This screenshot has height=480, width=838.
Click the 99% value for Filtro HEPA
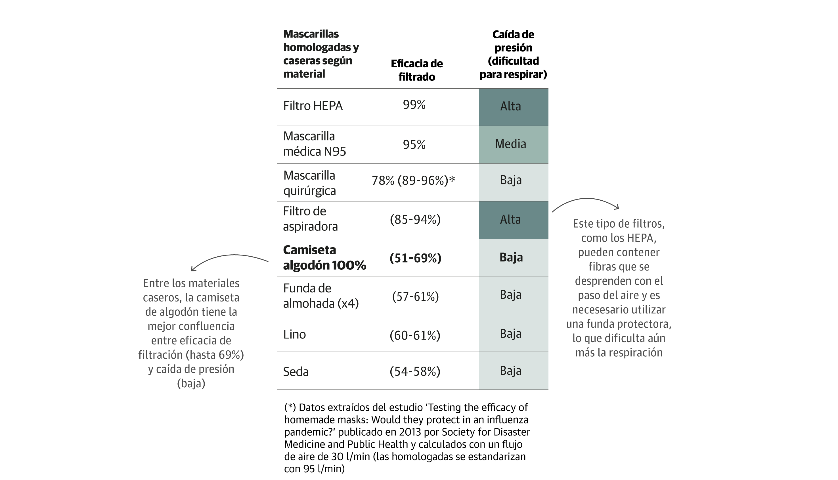tap(414, 105)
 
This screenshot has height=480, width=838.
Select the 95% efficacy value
tap(414, 144)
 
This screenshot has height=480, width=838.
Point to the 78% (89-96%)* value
tap(413, 180)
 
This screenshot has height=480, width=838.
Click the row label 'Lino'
tap(294, 334)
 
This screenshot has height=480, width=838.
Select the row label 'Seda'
tap(296, 371)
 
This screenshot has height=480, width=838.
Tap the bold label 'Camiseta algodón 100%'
tap(324, 257)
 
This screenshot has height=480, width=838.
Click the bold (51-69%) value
tap(415, 258)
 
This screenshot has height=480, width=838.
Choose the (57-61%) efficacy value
tap(415, 296)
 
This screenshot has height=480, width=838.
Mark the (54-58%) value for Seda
tap(415, 371)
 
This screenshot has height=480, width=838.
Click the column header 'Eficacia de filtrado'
tap(416, 70)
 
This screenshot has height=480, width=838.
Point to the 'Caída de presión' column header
tap(513, 54)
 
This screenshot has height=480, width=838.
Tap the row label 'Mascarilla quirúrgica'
tap(309, 183)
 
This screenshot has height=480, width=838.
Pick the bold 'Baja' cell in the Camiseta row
tap(511, 257)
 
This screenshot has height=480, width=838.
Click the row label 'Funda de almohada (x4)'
tap(321, 296)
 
